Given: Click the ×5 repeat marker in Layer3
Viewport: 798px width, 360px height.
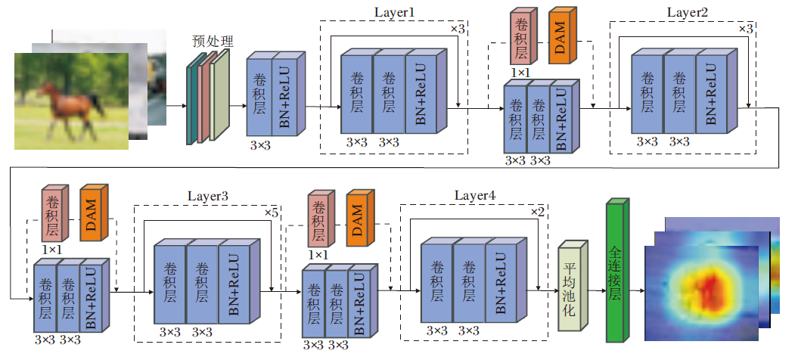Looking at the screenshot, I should pos(272,213).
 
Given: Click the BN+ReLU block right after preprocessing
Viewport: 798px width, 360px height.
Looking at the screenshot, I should pos(286,96).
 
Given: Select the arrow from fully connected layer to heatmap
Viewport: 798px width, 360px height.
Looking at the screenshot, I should pos(636,290).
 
